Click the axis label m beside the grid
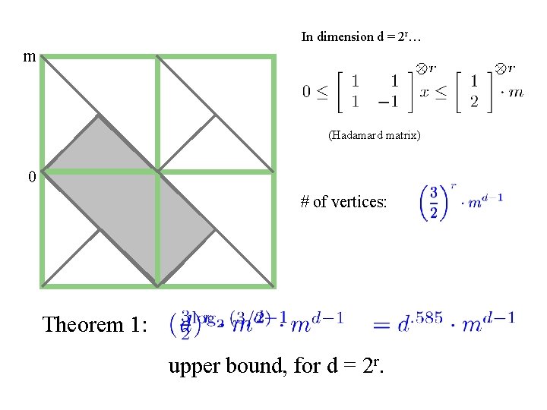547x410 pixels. [x=29, y=57]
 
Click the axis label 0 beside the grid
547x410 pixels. [x=31, y=177]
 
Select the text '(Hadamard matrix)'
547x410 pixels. [x=374, y=135]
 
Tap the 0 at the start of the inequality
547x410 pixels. [x=307, y=92]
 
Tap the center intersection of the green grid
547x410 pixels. [x=157, y=172]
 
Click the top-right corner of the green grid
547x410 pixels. [x=273, y=57]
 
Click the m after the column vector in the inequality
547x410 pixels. [x=516, y=92]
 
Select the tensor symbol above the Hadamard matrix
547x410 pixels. [x=419, y=68]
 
